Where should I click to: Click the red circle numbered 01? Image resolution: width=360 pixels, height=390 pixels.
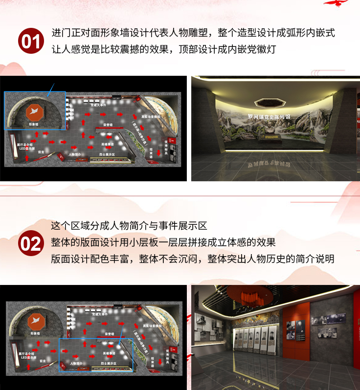pyautogui.click(x=31, y=41)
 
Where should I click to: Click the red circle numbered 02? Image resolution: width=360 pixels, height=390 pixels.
pyautogui.click(x=31, y=243)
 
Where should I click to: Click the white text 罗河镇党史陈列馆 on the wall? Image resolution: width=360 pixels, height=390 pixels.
pyautogui.click(x=269, y=116)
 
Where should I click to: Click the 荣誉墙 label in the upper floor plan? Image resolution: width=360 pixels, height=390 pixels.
pyautogui.click(x=108, y=125)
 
